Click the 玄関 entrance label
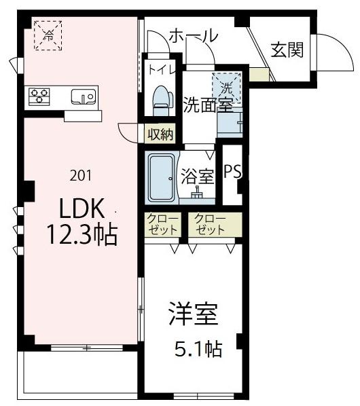[286, 51]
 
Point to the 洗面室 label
[207, 105]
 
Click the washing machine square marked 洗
[226, 87]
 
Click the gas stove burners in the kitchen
[39, 95]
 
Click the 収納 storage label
[161, 134]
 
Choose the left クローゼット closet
[161, 225]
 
